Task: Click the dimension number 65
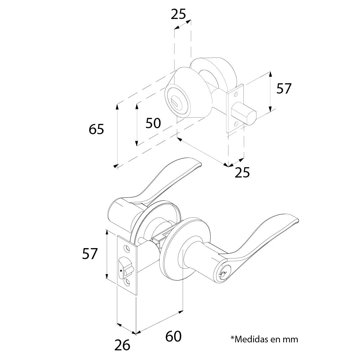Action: pos(97,129)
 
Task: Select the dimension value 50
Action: pos(153,123)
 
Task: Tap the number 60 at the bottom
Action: pos(173,336)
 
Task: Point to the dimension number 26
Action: pos(122,345)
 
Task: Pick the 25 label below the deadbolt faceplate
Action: pos(242,173)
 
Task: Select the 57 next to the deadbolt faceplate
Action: pos(284,89)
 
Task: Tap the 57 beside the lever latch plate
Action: pos(90,254)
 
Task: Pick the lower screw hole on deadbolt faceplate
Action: pos(236,124)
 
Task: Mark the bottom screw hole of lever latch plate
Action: pos(127,283)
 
